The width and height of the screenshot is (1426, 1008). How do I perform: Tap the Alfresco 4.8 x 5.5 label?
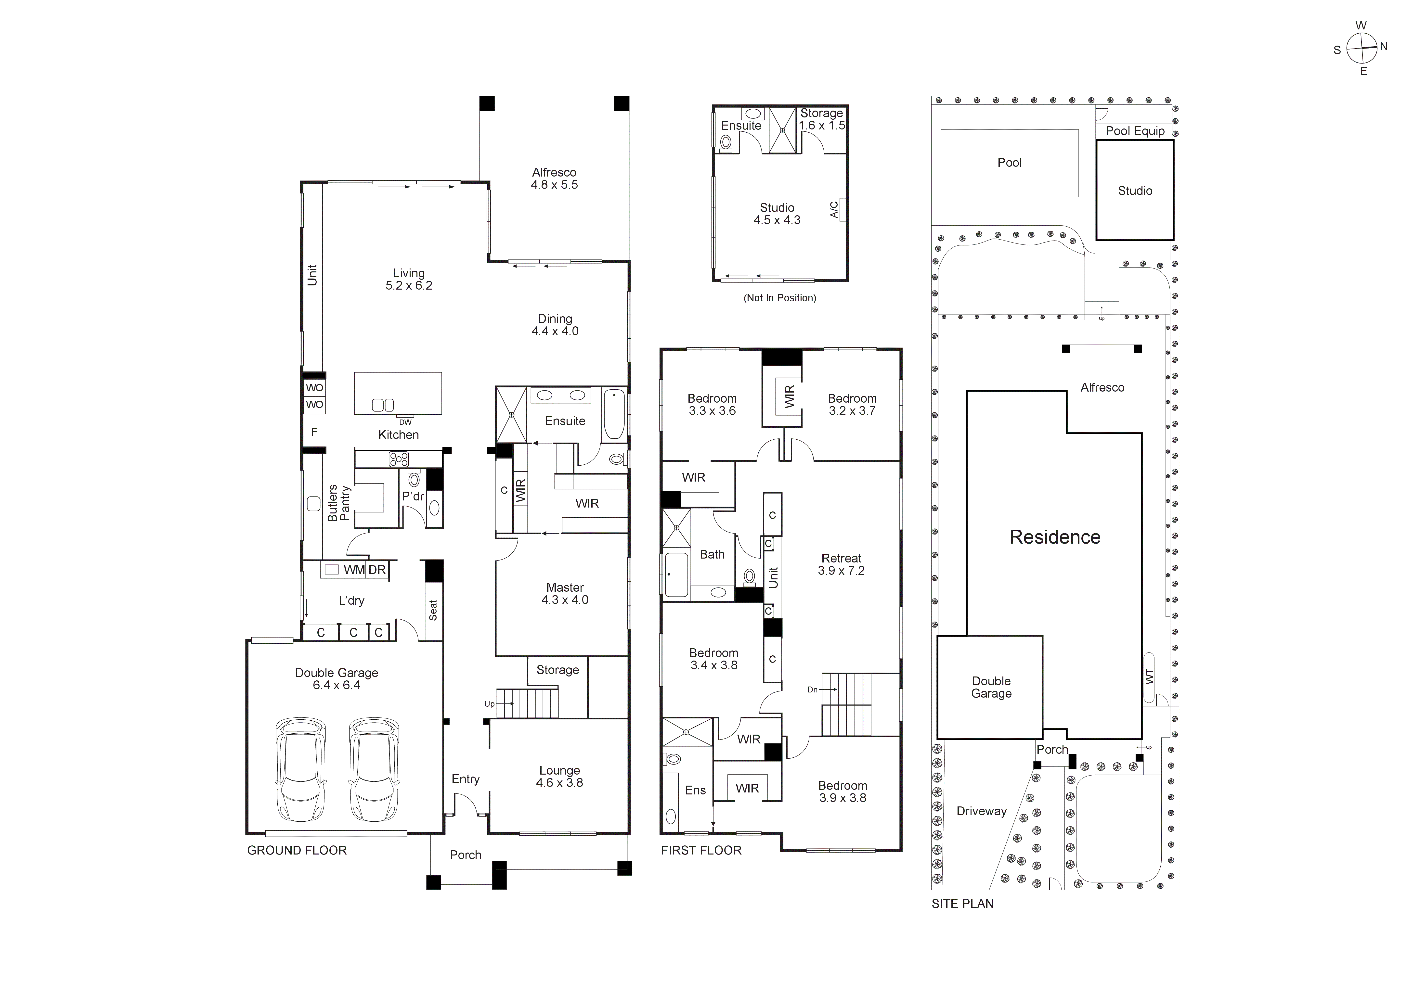(554, 178)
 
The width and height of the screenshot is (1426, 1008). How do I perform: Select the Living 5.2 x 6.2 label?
(409, 279)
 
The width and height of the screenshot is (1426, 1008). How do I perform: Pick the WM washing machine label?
(354, 570)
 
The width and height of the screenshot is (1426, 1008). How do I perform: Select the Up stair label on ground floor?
(489, 704)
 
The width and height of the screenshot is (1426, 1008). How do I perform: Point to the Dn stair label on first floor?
(812, 689)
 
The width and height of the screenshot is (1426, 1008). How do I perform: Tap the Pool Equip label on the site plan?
(1135, 131)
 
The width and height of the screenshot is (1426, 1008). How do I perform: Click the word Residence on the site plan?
(1055, 537)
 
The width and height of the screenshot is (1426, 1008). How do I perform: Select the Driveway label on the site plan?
(981, 811)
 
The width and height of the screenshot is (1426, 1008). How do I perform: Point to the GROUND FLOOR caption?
(297, 850)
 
